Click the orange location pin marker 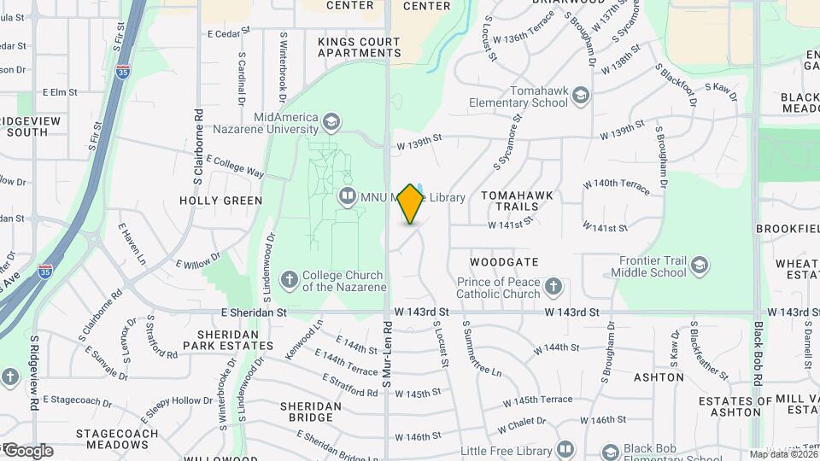coord(411,203)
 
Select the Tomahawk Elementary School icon coord(582,96)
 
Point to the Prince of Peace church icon coord(553,287)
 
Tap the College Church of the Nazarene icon coord(290,280)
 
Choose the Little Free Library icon coord(565,449)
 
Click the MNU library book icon coord(347,197)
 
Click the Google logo coord(28,451)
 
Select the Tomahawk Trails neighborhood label coord(517,201)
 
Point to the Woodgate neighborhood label coord(504,262)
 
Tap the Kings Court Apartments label coord(359,47)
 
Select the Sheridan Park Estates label coord(235,340)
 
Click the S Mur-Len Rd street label coord(387,349)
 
